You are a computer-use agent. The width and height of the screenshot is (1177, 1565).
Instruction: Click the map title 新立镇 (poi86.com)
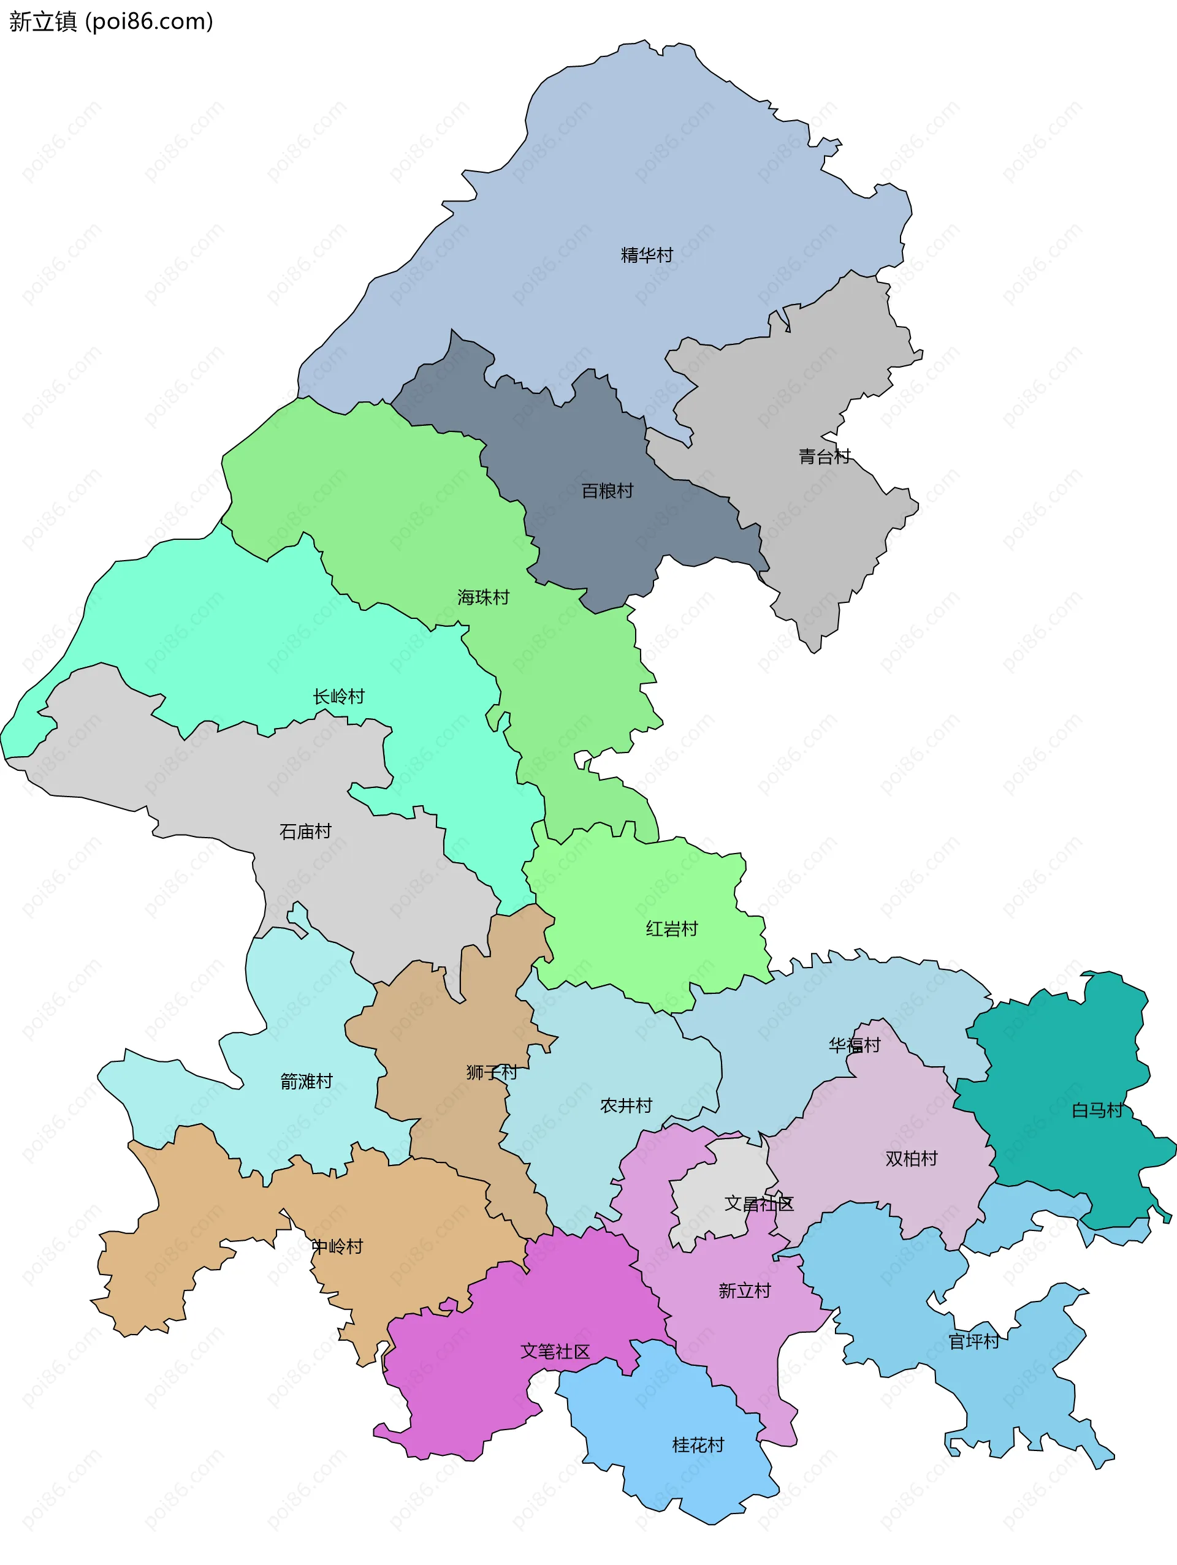click(111, 21)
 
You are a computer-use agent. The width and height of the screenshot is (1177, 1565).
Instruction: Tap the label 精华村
click(646, 255)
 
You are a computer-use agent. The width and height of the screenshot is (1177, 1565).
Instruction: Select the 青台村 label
click(825, 457)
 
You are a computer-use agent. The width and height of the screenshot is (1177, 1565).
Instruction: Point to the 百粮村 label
click(608, 490)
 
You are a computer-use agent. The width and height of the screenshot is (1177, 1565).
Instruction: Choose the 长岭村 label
click(339, 696)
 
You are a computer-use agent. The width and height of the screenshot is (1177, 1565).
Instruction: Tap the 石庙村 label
click(306, 832)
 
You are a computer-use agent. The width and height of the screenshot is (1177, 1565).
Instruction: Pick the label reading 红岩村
click(672, 928)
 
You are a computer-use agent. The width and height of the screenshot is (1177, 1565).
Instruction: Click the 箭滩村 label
click(307, 1081)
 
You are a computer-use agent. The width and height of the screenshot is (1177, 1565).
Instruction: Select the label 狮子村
click(492, 1072)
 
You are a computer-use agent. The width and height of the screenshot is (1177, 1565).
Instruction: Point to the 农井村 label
click(626, 1105)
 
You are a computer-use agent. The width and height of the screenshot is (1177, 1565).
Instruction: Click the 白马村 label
click(1097, 1110)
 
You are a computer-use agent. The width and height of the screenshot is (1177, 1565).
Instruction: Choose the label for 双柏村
click(911, 1158)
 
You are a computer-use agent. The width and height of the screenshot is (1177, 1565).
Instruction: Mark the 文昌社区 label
click(759, 1203)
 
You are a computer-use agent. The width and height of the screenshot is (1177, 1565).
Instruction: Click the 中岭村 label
click(337, 1246)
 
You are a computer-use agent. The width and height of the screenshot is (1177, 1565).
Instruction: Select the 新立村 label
click(745, 1290)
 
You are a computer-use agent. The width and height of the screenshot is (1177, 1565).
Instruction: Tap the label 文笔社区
click(555, 1351)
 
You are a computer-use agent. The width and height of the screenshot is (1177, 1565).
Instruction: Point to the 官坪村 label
click(974, 1341)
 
